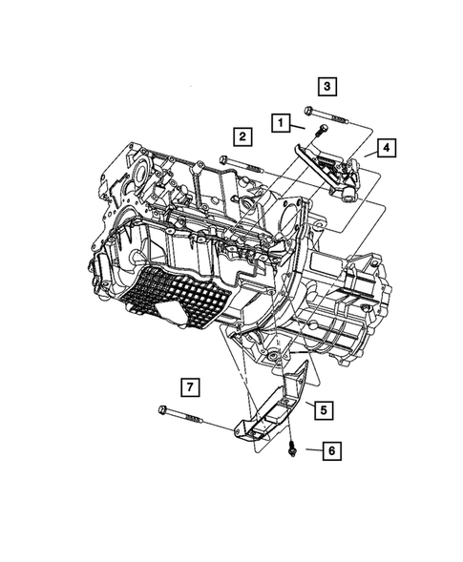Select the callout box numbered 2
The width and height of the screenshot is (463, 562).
click(243, 136)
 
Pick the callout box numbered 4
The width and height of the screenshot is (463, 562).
click(386, 148)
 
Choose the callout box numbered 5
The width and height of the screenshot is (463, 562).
click(324, 410)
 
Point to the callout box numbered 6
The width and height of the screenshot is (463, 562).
click(331, 449)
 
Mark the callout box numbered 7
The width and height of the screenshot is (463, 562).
click(190, 386)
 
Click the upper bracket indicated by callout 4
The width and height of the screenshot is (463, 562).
click(329, 167)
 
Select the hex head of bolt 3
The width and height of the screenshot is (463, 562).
click(310, 111)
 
